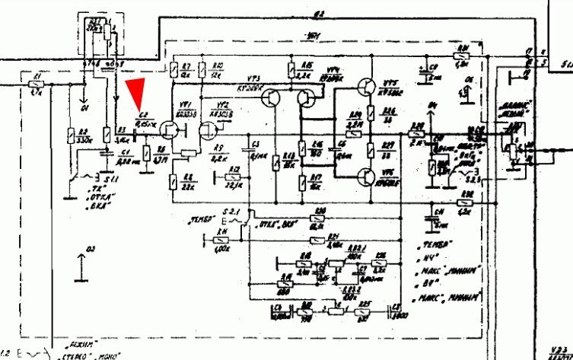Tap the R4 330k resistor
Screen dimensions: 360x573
pyautogui.click(x=71, y=136)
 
